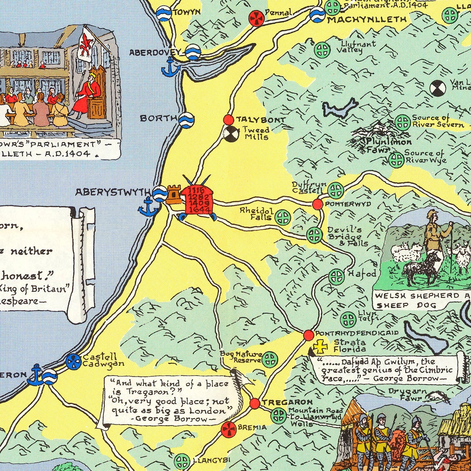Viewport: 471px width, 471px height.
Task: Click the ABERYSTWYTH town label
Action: (x=113, y=192)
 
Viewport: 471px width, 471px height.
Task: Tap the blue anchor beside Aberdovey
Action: (x=170, y=68)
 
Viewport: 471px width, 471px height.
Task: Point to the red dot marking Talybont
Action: (x=228, y=120)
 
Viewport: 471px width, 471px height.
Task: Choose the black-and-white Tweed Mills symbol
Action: (x=231, y=134)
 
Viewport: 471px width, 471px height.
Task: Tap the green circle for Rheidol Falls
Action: (x=283, y=217)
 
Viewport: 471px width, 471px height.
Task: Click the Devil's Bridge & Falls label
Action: (x=347, y=236)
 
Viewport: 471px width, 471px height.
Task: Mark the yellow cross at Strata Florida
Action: (x=320, y=346)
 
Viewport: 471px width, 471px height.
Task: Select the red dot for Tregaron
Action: (x=255, y=403)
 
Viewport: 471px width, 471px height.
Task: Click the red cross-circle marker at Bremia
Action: (x=229, y=430)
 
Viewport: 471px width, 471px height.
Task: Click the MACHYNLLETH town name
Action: (x=367, y=20)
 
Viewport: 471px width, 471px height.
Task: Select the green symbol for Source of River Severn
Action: (x=402, y=122)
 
